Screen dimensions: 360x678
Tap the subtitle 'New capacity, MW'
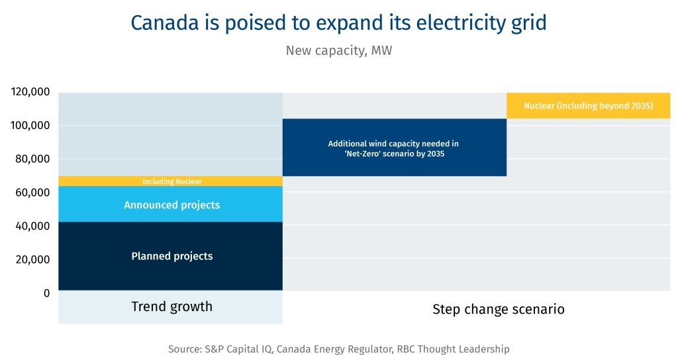click(338, 50)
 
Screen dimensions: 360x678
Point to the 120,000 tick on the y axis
click(31, 92)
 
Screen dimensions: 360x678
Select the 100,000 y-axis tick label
click(31, 126)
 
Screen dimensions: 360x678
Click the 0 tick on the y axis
click(46, 292)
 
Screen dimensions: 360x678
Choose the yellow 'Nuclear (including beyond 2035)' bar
click(588, 106)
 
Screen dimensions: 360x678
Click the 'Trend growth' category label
click(171, 306)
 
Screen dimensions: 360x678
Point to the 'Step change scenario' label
click(498, 309)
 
